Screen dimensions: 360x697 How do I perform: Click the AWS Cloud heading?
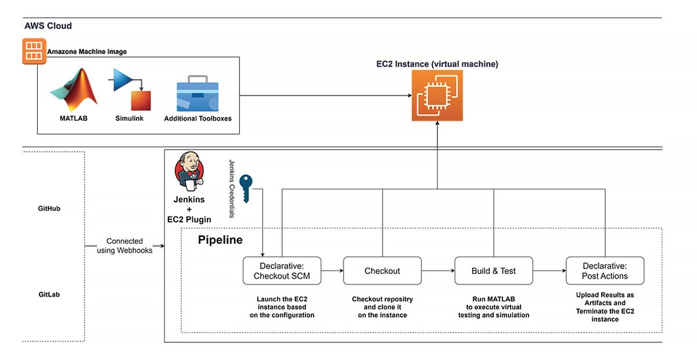[x=48, y=26]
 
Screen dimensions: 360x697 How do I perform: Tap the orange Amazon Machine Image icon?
[x=34, y=52]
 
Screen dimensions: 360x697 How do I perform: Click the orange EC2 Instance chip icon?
[x=437, y=96]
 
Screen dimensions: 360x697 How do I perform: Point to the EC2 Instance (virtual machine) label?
[x=437, y=64]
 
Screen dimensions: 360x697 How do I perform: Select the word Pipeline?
[x=220, y=240]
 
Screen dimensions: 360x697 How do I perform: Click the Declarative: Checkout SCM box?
[x=282, y=271]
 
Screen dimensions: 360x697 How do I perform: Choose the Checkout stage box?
[x=382, y=271]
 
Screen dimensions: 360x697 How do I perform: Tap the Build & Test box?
[x=493, y=271]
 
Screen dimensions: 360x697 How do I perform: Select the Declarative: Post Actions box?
[x=605, y=271]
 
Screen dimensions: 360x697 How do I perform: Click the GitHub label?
[x=45, y=208]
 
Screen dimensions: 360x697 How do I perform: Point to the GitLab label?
[x=45, y=294]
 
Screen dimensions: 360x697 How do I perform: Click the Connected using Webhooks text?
[x=124, y=246]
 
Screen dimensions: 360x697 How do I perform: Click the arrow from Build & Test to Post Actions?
[x=549, y=271]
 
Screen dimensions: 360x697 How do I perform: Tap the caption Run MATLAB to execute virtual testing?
[x=493, y=307]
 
